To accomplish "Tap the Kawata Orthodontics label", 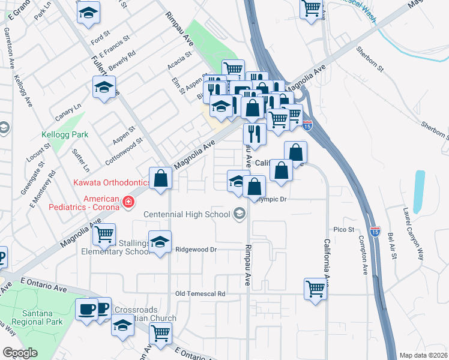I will pyautogui.click(x=112, y=182).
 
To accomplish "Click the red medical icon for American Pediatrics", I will pyautogui.click(x=128, y=202).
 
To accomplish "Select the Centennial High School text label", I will pyautogui.click(x=187, y=214).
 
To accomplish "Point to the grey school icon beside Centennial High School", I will pyautogui.click(x=240, y=214).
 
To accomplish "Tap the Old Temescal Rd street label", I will pyautogui.click(x=200, y=294).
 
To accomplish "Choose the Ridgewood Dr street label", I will pyautogui.click(x=195, y=249).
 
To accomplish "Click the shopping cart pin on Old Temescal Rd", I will pyautogui.click(x=315, y=289).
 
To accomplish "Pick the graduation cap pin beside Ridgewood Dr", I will pyautogui.click(x=160, y=242).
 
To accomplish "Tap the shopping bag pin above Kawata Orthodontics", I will pyautogui.click(x=161, y=178).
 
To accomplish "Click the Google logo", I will pyautogui.click(x=20, y=353).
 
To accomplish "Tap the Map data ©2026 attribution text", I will pyautogui.click(x=423, y=355).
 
